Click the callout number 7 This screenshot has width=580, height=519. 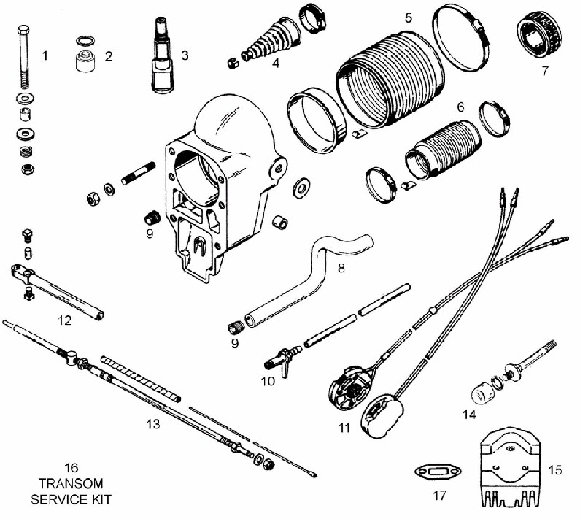click(x=544, y=71)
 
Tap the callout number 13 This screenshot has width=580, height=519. click(x=153, y=424)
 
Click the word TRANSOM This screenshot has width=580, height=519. click(x=71, y=483)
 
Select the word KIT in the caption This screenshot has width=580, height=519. click(x=101, y=499)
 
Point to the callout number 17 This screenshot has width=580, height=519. click(x=439, y=496)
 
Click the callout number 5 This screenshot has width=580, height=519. click(x=408, y=18)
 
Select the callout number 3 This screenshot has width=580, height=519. click(x=185, y=55)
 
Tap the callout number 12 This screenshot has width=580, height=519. click(x=64, y=320)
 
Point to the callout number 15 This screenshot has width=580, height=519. click(x=554, y=470)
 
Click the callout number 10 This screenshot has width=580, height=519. click(x=268, y=381)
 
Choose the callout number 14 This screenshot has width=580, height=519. click(x=469, y=414)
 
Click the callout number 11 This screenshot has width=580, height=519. click(x=344, y=428)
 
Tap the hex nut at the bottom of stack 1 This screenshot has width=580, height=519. click(x=27, y=169)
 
